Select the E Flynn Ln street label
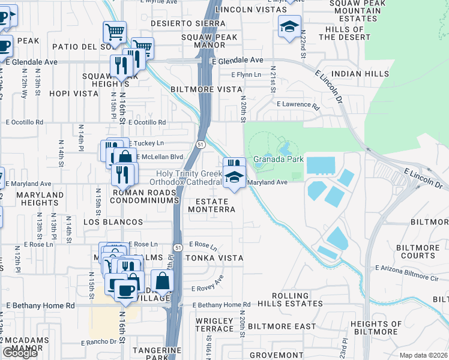247,74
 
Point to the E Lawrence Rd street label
298,104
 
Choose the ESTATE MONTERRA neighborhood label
211,205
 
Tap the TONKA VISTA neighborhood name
214,258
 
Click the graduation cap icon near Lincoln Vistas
289,26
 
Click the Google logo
20,353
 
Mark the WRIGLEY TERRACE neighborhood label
214,325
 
